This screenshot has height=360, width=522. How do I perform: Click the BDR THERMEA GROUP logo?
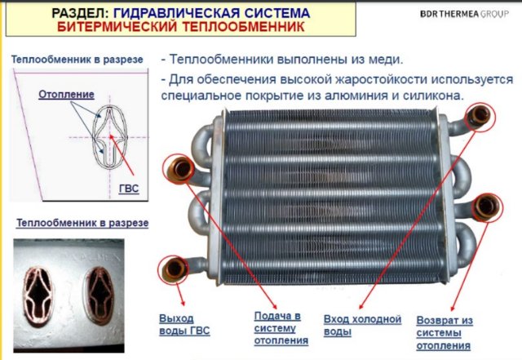click(x=464, y=14)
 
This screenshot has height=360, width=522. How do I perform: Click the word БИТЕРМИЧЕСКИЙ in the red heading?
click(x=117, y=27)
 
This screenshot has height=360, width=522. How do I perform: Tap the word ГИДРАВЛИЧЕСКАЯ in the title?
click(x=176, y=13)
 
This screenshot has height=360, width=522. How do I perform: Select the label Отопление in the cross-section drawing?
click(x=66, y=95)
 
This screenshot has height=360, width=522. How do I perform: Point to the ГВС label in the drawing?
click(x=129, y=189)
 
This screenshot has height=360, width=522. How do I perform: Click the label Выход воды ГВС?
click(x=184, y=324)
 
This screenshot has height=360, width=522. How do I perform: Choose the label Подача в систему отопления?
click(x=281, y=328)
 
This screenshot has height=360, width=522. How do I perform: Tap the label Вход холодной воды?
click(x=362, y=326)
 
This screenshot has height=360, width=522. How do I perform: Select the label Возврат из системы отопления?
click(x=445, y=333)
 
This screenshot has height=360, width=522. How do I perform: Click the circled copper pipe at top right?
click(x=480, y=115)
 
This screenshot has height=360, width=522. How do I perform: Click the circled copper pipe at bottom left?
click(x=175, y=269)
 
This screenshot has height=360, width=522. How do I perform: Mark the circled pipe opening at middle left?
click(x=180, y=169)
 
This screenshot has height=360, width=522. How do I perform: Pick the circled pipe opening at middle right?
click(x=488, y=207)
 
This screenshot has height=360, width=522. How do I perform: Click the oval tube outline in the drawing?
click(x=110, y=137)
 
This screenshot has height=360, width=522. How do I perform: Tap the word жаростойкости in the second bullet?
click(x=381, y=80)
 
